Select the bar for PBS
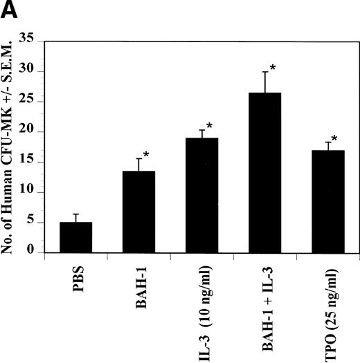point(75,237)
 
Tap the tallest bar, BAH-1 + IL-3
point(263,173)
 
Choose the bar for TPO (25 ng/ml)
point(326,201)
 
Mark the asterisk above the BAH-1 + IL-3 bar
point(273,68)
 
